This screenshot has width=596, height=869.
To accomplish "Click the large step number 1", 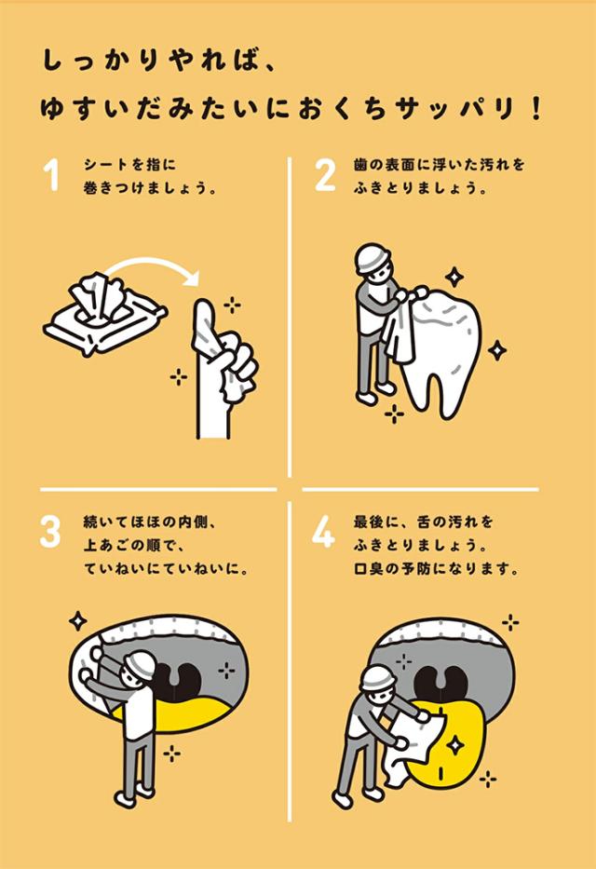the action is (x=52, y=174).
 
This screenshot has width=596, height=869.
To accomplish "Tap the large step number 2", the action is (x=325, y=174).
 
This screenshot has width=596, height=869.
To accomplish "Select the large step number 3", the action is (x=50, y=531).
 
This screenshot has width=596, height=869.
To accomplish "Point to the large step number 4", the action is (x=323, y=531).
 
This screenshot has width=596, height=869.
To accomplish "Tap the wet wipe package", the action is (x=104, y=315).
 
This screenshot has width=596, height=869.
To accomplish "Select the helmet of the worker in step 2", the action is (x=372, y=258).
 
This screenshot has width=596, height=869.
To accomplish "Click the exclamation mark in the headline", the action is (x=535, y=109).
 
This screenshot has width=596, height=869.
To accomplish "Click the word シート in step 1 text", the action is (x=104, y=165).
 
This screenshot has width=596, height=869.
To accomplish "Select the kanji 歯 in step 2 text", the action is (x=360, y=165).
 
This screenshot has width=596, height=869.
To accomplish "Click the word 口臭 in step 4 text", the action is (x=369, y=568).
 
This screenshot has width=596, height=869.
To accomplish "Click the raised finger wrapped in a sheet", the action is (x=206, y=333).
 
